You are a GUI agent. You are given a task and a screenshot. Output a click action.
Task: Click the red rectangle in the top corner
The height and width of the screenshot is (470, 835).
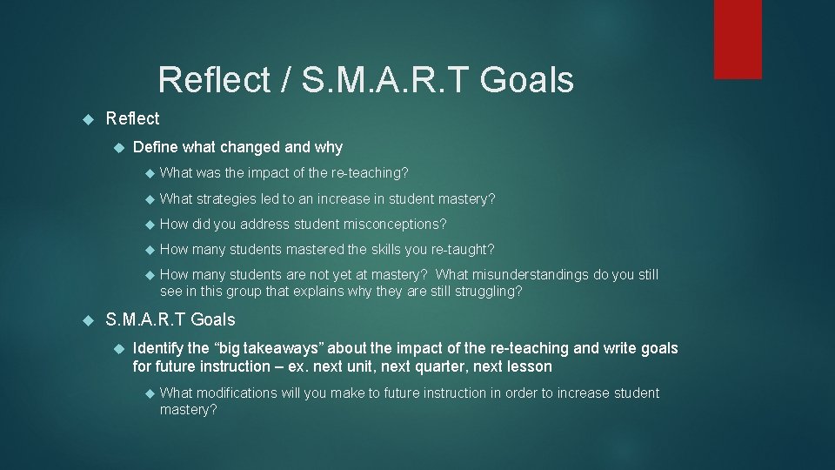tap(738, 39)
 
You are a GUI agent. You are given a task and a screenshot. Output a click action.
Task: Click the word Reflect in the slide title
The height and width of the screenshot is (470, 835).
tap(215, 80)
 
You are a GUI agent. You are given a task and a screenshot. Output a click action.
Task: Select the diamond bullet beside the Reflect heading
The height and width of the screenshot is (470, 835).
tap(87, 118)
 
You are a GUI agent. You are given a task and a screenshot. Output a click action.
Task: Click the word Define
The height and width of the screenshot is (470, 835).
tap(156, 147)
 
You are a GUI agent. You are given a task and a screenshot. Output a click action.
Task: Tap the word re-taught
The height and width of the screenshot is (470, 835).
tap(463, 249)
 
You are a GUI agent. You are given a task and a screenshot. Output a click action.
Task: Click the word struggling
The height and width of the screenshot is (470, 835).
tap(490, 292)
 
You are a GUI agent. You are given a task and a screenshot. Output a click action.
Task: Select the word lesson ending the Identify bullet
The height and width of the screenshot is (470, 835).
tap(529, 366)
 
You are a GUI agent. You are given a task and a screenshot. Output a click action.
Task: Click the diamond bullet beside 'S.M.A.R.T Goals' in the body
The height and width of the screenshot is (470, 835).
tap(87, 319)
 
